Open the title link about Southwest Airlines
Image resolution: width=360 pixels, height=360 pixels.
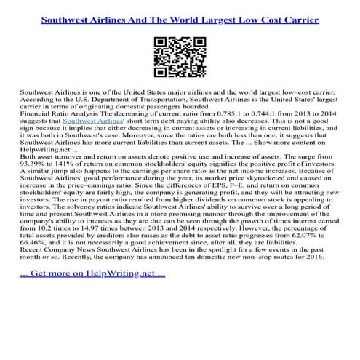(x=180, y=14)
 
